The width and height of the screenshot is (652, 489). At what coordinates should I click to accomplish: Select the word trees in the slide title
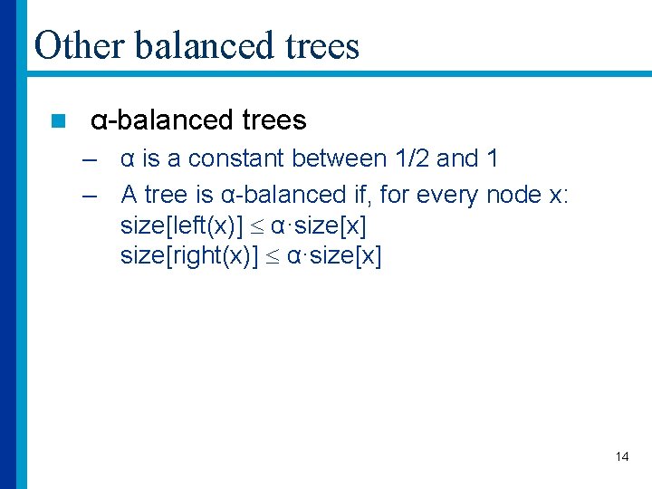[x=321, y=45]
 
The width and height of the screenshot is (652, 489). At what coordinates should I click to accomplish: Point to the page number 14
[x=621, y=456]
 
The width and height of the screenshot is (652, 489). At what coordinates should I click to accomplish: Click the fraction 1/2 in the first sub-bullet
[x=412, y=159]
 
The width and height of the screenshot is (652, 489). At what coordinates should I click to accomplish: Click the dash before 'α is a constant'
[x=88, y=159]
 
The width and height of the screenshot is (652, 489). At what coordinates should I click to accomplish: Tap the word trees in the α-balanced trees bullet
[x=274, y=120]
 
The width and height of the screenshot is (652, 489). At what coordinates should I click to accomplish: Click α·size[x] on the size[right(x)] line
[x=334, y=257]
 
